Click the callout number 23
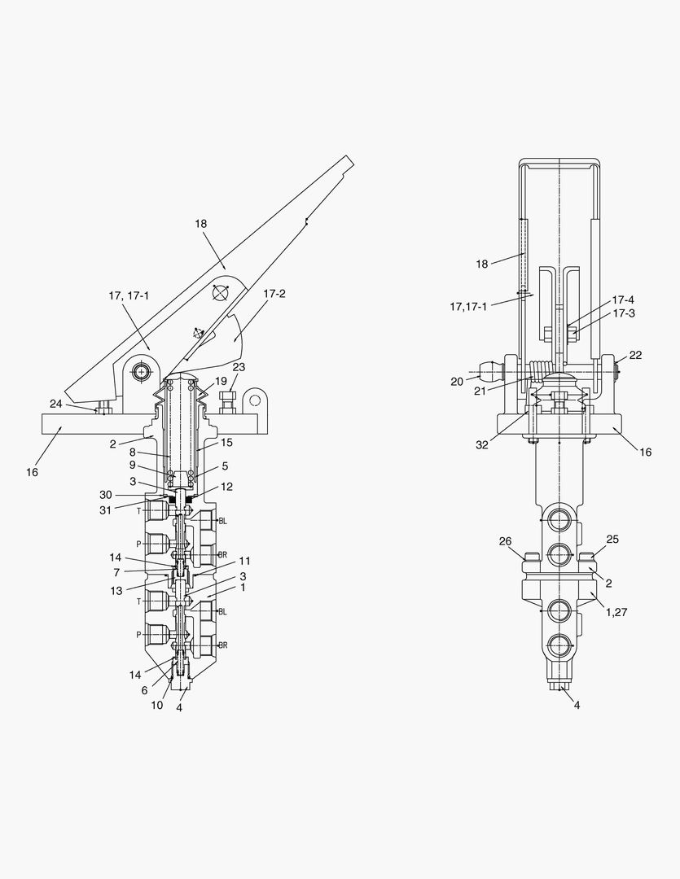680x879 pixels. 239,367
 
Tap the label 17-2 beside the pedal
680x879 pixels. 274,294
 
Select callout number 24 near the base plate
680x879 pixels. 56,404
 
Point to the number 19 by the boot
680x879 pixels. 221,381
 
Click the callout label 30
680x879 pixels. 106,495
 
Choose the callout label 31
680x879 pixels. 106,510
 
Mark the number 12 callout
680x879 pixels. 226,487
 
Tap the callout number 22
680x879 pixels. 635,355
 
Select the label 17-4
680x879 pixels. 623,300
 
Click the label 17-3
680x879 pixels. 623,313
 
